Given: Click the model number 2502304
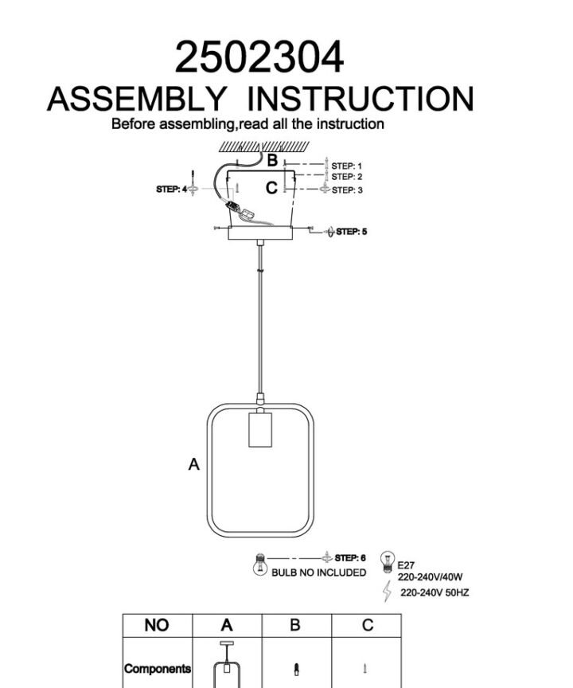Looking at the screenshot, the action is pyautogui.click(x=259, y=57).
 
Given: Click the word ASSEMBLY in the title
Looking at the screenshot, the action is pyautogui.click(x=136, y=99).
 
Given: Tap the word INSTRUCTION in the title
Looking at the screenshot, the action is pyautogui.click(x=361, y=99).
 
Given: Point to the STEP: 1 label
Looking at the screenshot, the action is pyautogui.click(x=347, y=166).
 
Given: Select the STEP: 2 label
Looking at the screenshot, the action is pyautogui.click(x=347, y=177).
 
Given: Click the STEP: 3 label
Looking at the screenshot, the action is pyautogui.click(x=347, y=190).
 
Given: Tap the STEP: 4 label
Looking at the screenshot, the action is pyautogui.click(x=171, y=189).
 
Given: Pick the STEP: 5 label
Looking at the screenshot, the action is pyautogui.click(x=352, y=231).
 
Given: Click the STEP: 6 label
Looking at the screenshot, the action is pyautogui.click(x=350, y=557).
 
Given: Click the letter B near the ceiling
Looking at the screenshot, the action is pyautogui.click(x=272, y=160).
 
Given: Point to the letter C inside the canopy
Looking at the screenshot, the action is pyautogui.click(x=271, y=188).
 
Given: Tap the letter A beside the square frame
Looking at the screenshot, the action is pyautogui.click(x=193, y=464).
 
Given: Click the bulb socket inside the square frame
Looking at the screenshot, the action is pyautogui.click(x=260, y=429).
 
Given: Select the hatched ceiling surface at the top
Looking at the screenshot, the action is pyautogui.click(x=264, y=147).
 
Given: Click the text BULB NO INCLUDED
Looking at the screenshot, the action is pyautogui.click(x=318, y=573).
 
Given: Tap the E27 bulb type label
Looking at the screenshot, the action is pyautogui.click(x=406, y=565).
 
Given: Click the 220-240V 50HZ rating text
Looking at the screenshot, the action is pyautogui.click(x=435, y=592).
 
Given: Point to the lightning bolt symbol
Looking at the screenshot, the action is pyautogui.click(x=387, y=591).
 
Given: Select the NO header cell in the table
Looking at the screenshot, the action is pyautogui.click(x=158, y=625).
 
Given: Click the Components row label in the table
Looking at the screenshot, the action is pyautogui.click(x=158, y=669).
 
